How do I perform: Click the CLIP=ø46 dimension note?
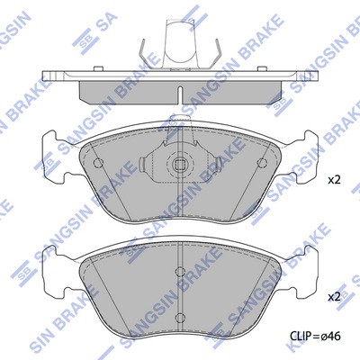coord(315,337)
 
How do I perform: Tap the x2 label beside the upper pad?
coord(334,180)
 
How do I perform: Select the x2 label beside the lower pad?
coord(334,297)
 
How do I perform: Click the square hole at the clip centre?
coord(179,164)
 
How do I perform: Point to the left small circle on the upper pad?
coord(98,163)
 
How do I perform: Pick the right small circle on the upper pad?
coord(262,163)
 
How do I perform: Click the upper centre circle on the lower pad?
coord(180,272)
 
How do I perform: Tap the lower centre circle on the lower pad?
coord(180,317)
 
